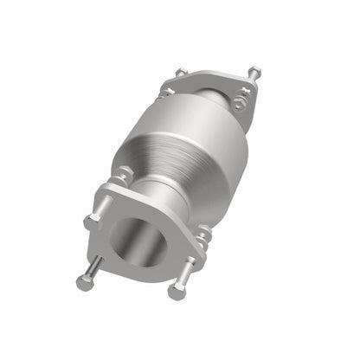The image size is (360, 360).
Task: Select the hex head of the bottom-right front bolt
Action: tap(177, 292)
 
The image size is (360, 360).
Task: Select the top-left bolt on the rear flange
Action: tap(181, 72)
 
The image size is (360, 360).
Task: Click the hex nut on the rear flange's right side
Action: tap(238, 105)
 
